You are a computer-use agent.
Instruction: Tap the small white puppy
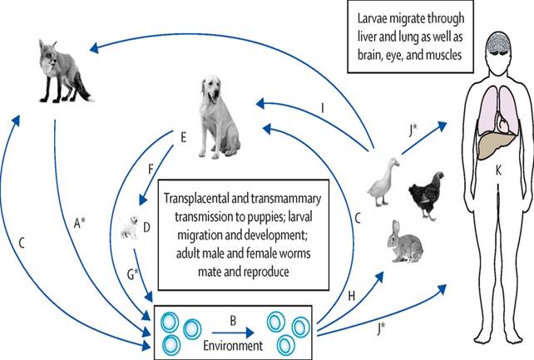click(129, 225)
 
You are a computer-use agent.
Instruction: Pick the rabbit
click(405, 241)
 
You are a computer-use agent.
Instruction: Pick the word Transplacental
click(204, 200)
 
